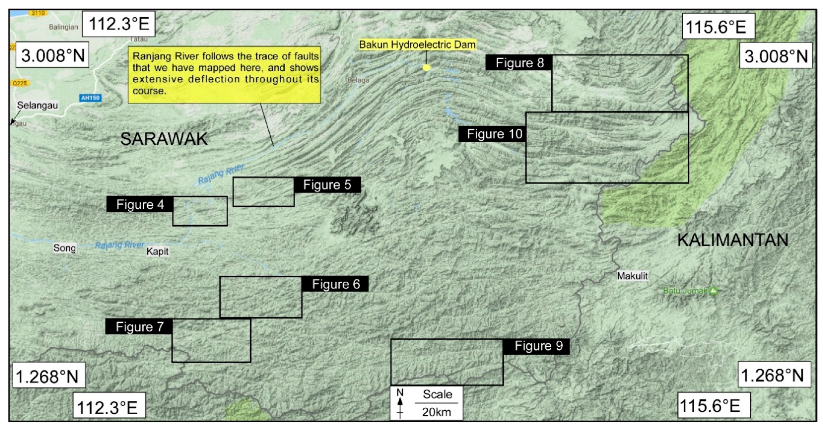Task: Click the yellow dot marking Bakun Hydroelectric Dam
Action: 426,67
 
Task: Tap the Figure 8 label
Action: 519,63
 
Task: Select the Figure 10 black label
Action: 494,134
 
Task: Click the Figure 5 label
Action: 327,185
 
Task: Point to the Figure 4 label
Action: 140,204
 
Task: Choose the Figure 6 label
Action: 335,284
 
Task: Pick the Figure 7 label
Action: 139,327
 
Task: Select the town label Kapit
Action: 157,251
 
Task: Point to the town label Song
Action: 65,248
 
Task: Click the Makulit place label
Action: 632,276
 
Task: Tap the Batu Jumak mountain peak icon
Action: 713,291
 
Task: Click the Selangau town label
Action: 37,105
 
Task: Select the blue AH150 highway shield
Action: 90,98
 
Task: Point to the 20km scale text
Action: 436,412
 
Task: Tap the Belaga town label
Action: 358,80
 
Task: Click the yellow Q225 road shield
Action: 20,83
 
